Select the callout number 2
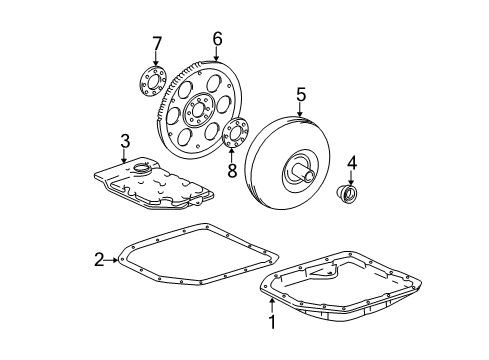(x=99, y=261)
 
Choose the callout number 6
(x=216, y=40)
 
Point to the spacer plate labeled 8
(x=237, y=134)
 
